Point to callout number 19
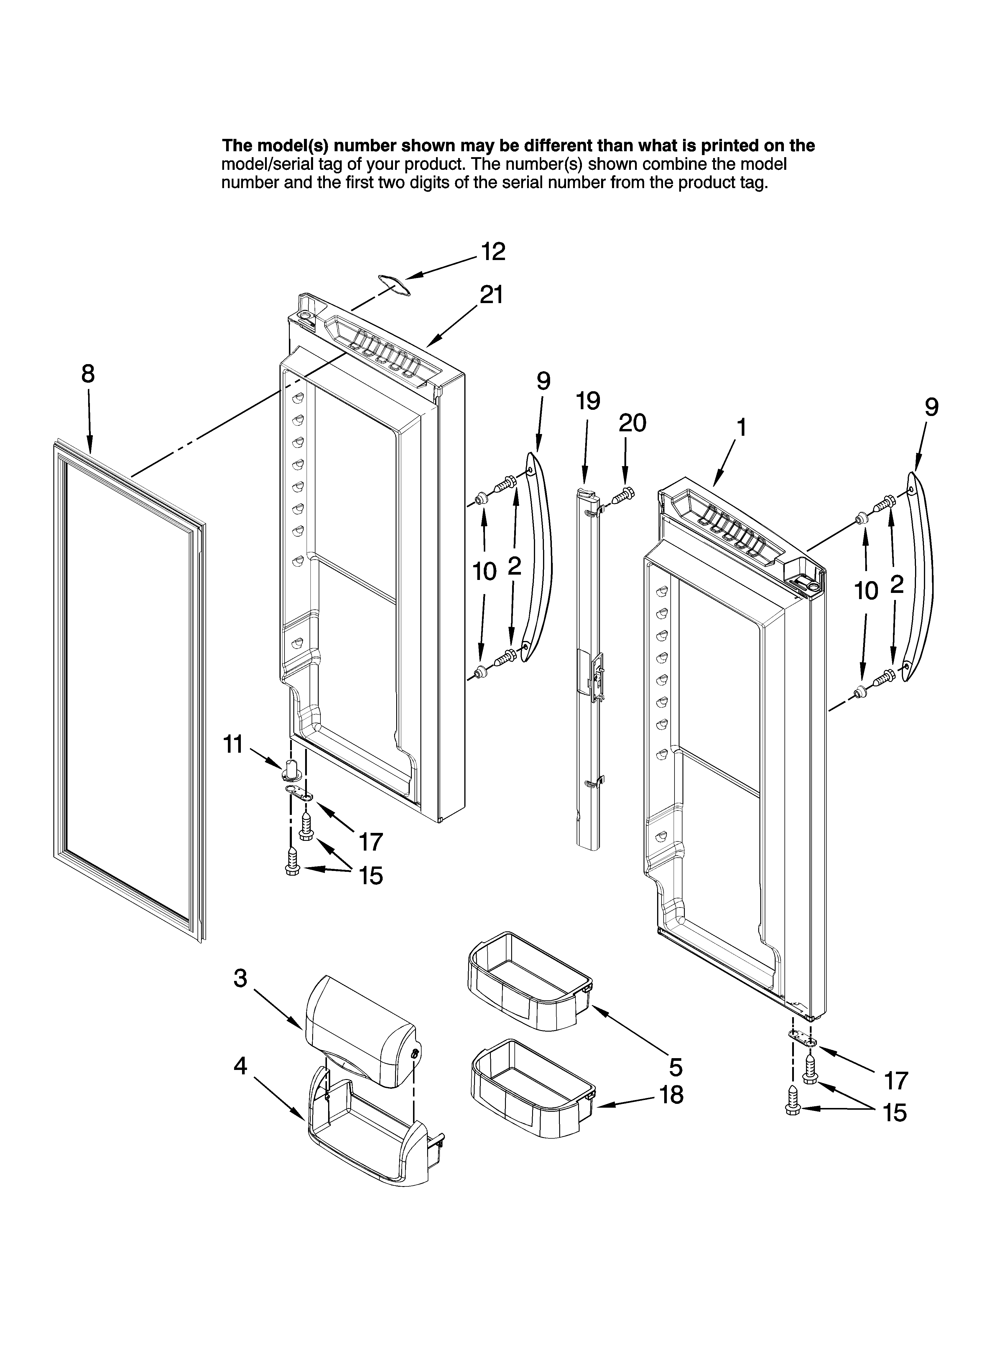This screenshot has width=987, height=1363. [x=587, y=401]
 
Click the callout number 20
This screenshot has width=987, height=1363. [x=632, y=423]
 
